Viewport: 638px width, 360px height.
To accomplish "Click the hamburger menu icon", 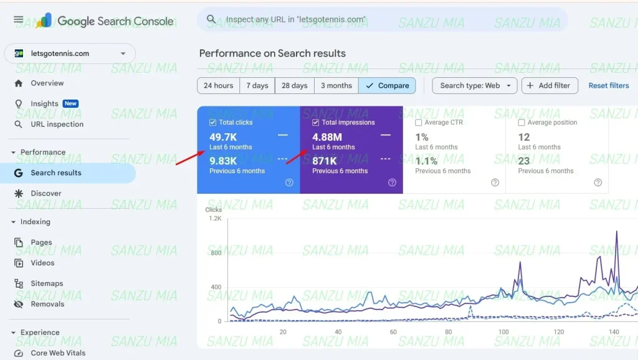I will tap(18, 20).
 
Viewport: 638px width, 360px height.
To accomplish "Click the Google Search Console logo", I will tap(105, 21).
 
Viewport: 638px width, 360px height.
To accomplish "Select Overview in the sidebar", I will tap(47, 83).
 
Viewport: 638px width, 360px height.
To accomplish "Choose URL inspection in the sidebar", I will tap(57, 124).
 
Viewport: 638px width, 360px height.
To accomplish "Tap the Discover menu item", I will tap(46, 193).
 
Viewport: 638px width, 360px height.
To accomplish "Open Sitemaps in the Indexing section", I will tap(47, 283).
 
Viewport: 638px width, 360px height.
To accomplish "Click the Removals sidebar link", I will tap(47, 304).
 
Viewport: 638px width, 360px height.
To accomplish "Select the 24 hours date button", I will tap(218, 85).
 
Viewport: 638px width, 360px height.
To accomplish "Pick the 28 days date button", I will tap(294, 85).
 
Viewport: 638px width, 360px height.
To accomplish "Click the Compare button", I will tap(387, 85).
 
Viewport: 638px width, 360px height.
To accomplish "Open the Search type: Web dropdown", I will tap(474, 85).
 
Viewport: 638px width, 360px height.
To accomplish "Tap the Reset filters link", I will tap(608, 85).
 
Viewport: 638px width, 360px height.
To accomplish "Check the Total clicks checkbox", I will tap(213, 123).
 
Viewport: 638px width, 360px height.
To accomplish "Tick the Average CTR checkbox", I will tap(419, 123).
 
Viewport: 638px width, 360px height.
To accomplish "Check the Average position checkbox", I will tap(521, 123).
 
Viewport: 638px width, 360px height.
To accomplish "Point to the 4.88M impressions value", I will tap(327, 137).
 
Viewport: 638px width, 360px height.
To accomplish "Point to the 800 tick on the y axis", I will tap(215, 253).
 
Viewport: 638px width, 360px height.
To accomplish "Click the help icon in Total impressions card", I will tap(392, 182).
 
